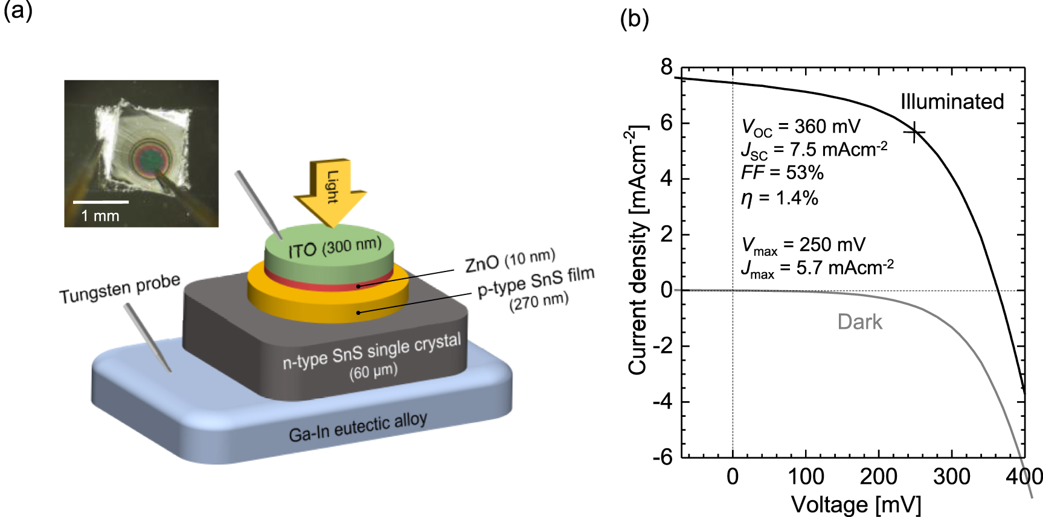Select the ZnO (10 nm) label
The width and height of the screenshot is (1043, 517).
[x=510, y=261]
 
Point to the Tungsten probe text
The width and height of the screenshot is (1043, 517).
[x=120, y=288]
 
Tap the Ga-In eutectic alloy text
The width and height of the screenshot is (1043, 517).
[x=358, y=427]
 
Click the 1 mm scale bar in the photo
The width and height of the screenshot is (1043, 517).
[x=100, y=202]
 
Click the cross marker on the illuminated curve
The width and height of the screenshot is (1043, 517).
[x=916, y=133]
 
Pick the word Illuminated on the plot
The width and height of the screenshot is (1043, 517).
[x=952, y=101]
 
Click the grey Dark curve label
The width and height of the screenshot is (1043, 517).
[x=859, y=322]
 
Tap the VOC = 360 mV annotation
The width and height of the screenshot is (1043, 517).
[x=800, y=127]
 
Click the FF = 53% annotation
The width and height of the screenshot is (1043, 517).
[x=782, y=173]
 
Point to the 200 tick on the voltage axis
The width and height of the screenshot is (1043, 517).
[x=878, y=477]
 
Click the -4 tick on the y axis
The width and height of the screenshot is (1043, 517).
[x=663, y=401]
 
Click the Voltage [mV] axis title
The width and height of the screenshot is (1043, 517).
[x=856, y=504]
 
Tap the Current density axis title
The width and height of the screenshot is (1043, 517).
[x=638, y=250]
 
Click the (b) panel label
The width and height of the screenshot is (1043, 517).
[x=634, y=19]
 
